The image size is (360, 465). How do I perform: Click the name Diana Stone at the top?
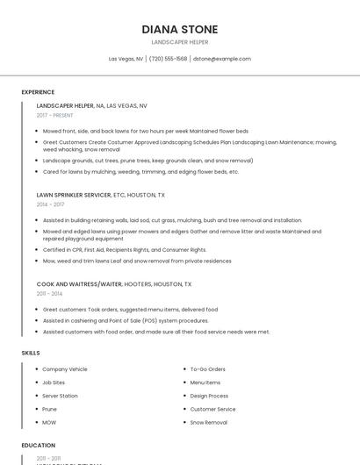pos(179,29)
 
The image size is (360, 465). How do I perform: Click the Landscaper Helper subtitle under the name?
pos(179,42)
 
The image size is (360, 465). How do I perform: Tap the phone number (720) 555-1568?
pos(168,59)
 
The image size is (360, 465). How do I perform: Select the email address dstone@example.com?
pos(221,59)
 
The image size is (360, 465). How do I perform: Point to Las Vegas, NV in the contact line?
pos(126,59)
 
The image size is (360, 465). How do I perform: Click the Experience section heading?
pos(38,92)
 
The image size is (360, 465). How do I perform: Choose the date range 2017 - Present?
pos(54,115)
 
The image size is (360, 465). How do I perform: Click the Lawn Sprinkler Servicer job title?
pos(74,195)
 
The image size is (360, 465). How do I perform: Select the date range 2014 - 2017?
pos(50,204)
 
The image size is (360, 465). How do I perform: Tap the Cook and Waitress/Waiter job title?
pos(80,284)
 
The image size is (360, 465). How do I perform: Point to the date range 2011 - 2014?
pos(49,294)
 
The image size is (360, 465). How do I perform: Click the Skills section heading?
pos(31,353)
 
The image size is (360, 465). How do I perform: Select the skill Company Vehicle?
pos(65,369)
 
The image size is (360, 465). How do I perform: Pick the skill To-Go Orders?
pos(207,369)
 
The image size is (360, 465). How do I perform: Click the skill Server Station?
pos(60,396)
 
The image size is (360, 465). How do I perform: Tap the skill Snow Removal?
pos(208,422)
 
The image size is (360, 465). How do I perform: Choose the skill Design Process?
pos(209,396)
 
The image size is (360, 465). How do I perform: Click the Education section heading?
pos(38,446)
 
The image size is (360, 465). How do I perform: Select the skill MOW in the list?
pos(49,422)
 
